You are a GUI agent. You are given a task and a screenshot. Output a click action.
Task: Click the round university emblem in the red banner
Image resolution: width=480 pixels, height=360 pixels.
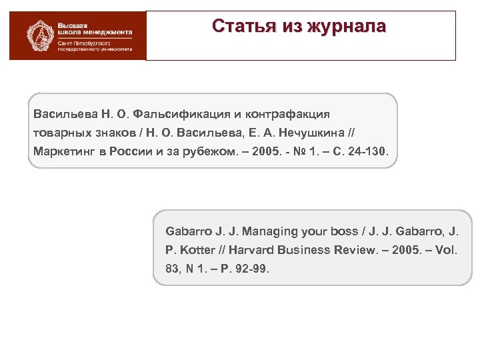[39, 35]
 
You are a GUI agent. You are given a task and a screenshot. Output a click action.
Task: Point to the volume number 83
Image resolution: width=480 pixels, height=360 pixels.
[172, 268]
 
